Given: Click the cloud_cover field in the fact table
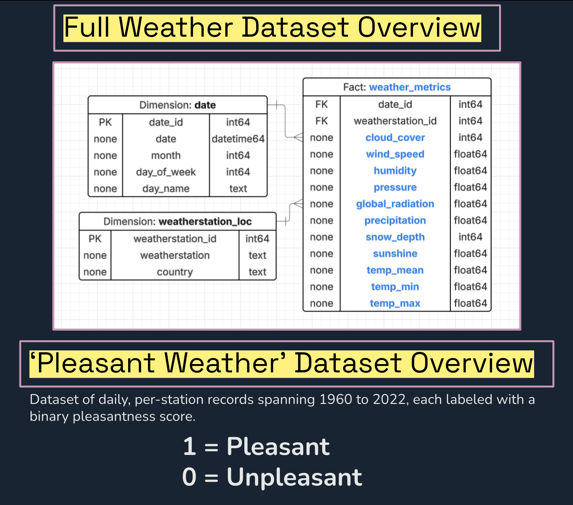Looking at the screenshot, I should click(x=395, y=138).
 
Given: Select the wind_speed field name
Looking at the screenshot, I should click(x=395, y=154).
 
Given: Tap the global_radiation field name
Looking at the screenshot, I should click(x=395, y=204).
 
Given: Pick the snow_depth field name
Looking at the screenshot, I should click(x=395, y=237).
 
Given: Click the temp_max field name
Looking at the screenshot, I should click(x=395, y=304).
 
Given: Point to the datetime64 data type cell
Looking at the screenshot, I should click(x=238, y=139).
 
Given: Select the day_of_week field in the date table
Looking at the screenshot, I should click(x=166, y=172).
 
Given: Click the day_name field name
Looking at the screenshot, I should click(x=166, y=189).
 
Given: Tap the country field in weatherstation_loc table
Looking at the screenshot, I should click(x=175, y=272).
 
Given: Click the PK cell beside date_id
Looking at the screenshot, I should click(x=105, y=122).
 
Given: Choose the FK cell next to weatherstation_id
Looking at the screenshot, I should click(x=321, y=121).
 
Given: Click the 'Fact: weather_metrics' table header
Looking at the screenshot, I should click(x=397, y=87).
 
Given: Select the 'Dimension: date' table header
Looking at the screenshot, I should click(x=178, y=105).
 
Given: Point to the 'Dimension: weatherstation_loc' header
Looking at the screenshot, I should click(x=178, y=222).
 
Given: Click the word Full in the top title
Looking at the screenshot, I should click(x=87, y=28).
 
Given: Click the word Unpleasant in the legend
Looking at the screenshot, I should click(x=294, y=477).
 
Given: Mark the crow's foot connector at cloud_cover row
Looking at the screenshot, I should click(x=298, y=137).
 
